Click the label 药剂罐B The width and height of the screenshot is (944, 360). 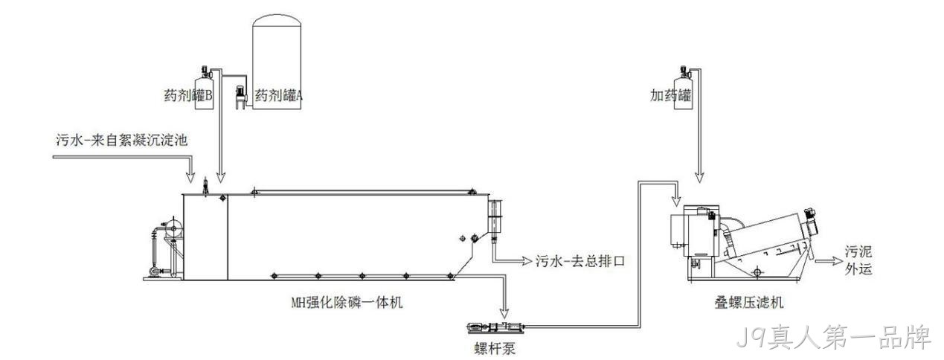(x=188, y=96)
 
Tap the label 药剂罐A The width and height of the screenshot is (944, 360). (x=278, y=96)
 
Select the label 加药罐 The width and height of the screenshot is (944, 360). (x=670, y=95)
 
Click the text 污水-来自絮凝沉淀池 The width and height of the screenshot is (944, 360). (x=122, y=140)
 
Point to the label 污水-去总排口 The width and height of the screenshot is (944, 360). (x=580, y=261)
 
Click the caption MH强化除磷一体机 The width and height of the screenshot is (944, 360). (x=347, y=302)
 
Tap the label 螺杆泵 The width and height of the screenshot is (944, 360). (x=495, y=348)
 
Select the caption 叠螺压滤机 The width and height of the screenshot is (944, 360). (x=749, y=302)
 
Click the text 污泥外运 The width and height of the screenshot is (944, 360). (x=858, y=260)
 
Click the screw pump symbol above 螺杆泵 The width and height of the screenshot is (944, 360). (x=496, y=327)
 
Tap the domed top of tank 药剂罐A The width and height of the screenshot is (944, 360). (x=277, y=20)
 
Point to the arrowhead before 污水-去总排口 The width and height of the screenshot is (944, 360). (x=527, y=261)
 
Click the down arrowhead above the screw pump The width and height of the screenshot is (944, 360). (x=504, y=313)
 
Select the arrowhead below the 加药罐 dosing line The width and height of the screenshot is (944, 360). (x=699, y=177)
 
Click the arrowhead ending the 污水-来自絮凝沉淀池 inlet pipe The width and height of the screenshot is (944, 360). (x=191, y=177)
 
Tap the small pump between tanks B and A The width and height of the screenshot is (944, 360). (x=240, y=97)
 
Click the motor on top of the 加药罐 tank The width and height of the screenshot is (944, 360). (x=684, y=71)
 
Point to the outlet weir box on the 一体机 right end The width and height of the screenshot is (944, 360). (x=495, y=216)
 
